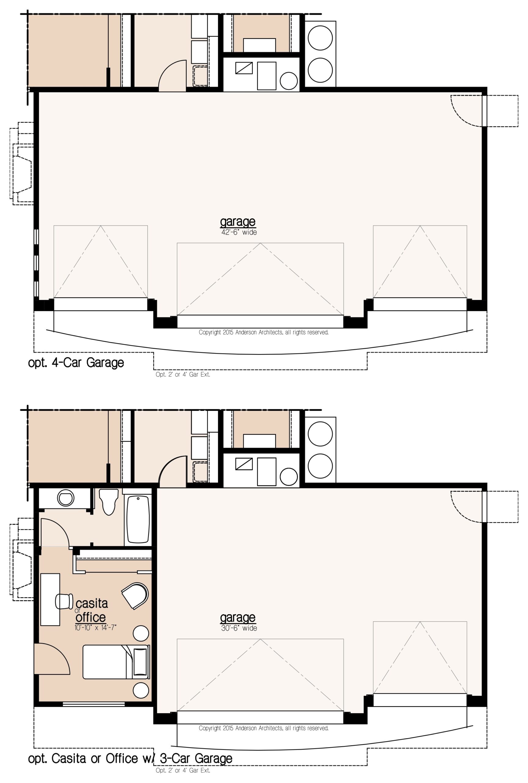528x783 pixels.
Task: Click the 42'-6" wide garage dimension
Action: [239, 232]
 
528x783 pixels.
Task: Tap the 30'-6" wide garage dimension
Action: [239, 628]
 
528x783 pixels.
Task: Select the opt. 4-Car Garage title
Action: [76, 363]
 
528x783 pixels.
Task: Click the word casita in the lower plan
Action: [92, 603]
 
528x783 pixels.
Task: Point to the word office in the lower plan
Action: [90, 617]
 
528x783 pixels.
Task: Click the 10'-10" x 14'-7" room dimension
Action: [96, 627]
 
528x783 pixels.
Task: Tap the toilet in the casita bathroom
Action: [109, 502]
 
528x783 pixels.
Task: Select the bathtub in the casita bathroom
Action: [138, 519]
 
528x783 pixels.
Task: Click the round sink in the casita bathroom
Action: [65, 497]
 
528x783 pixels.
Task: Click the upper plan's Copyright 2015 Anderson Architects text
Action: [264, 332]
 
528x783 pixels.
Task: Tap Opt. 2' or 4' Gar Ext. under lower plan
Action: [183, 770]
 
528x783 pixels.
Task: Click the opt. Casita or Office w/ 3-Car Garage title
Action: [130, 759]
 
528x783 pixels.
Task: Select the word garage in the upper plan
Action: [238, 222]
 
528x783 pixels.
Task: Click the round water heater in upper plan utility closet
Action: [289, 81]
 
